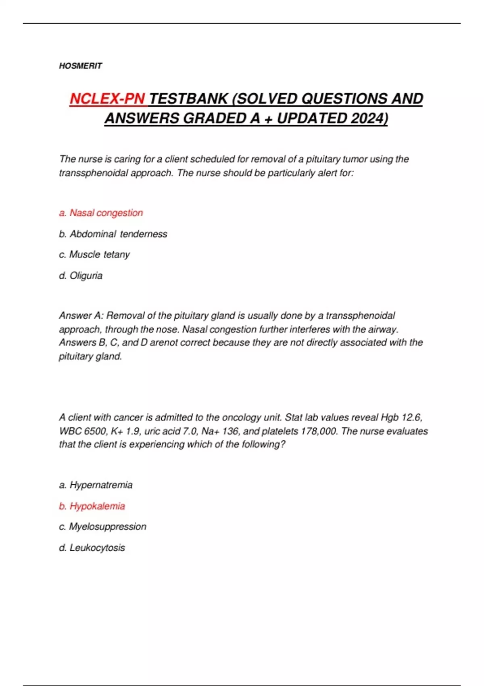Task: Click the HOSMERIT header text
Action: [x=80, y=66]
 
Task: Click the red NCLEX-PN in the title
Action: [x=107, y=99]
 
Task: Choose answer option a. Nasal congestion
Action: [x=101, y=213]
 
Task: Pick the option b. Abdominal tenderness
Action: [x=113, y=234]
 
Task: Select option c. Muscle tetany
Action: [x=94, y=255]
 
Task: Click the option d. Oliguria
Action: [x=81, y=276]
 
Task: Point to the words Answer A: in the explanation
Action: [x=81, y=316]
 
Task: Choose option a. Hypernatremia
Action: [x=96, y=485]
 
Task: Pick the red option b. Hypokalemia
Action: [x=92, y=506]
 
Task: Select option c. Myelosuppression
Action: [x=102, y=527]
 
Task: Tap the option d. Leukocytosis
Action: [x=92, y=548]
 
